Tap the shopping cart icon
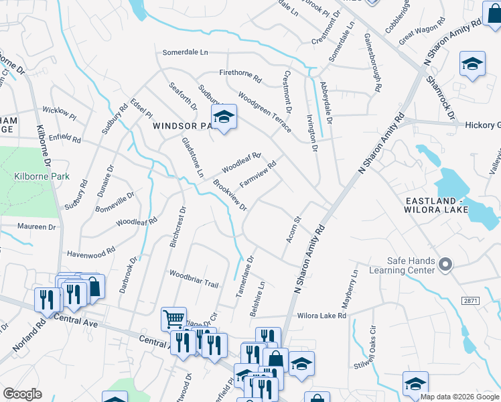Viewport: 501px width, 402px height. tap(173, 318)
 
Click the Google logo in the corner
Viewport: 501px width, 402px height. tap(22, 394)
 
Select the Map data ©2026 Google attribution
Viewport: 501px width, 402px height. tap(459, 397)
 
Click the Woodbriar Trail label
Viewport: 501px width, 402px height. tap(194, 279)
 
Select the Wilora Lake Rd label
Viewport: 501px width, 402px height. tap(321, 315)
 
